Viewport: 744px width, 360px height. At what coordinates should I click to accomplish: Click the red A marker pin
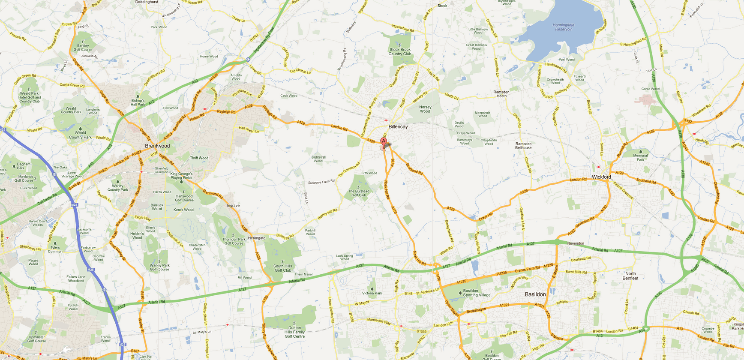click(x=384, y=141)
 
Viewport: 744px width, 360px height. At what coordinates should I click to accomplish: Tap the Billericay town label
click(x=398, y=127)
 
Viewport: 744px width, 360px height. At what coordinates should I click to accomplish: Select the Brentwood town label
click(x=157, y=146)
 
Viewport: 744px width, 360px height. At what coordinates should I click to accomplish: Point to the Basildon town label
click(x=535, y=294)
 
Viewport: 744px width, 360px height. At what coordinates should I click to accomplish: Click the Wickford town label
click(x=601, y=177)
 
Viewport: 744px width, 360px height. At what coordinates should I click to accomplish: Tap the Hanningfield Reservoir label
click(x=563, y=27)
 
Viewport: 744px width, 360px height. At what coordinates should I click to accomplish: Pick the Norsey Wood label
click(x=425, y=109)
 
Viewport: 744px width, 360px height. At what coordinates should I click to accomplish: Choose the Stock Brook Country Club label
click(x=400, y=52)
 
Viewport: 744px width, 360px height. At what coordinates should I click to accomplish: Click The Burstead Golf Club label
click(x=359, y=193)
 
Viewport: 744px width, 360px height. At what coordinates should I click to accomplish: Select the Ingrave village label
click(x=233, y=206)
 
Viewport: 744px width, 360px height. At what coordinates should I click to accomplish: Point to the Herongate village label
click(x=257, y=238)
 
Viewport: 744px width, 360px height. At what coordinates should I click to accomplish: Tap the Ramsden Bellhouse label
click(x=523, y=146)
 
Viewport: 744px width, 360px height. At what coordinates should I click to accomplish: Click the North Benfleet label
click(x=630, y=276)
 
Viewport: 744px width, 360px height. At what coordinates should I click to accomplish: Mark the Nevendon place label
click(x=576, y=243)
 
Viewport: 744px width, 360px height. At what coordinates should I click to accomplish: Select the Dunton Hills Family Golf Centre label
click(x=294, y=332)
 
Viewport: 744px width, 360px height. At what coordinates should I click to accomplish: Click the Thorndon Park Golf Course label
click(x=234, y=241)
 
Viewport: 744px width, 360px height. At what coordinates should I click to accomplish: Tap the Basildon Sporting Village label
click(x=477, y=293)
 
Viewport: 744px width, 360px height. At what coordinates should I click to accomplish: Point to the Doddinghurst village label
click(x=147, y=2)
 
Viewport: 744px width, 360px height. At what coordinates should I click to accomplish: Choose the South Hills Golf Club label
click(x=283, y=268)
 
